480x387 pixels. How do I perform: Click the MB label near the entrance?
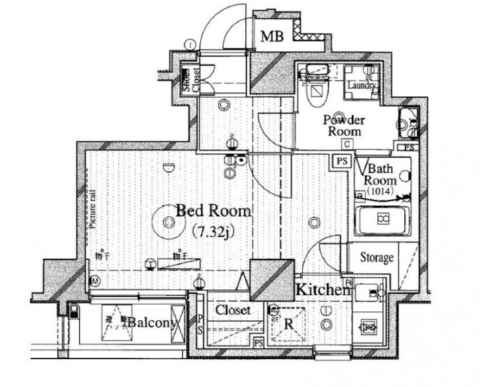pos(271,36)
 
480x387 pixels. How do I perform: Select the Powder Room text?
pos(344,125)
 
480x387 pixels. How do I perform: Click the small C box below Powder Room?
pos(348,144)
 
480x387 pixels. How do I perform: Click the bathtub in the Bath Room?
pos(383,220)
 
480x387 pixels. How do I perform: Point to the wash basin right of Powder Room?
pos(408,123)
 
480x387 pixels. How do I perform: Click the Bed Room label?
pos(205,211)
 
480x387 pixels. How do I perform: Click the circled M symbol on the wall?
pos(94,281)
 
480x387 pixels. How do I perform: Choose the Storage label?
pos(376,258)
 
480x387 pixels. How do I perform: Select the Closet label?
pos(233,311)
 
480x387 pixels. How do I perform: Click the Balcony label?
pos(149,322)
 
